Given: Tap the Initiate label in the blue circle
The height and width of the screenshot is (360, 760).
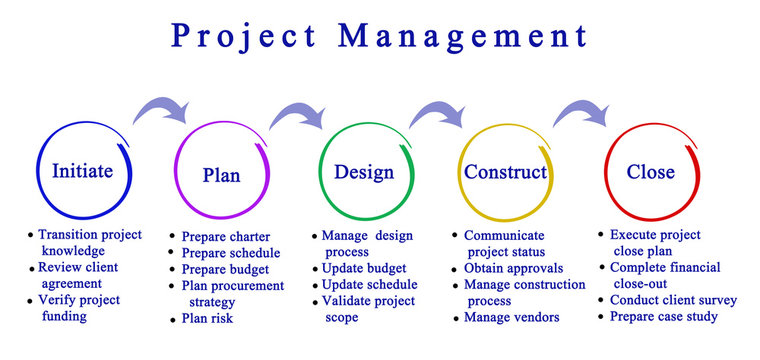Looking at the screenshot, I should click(81, 170).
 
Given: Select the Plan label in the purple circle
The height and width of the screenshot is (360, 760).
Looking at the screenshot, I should click(221, 175).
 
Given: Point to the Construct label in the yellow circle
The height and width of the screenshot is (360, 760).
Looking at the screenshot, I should click(505, 172).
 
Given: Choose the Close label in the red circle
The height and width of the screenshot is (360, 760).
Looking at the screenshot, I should click(650, 172).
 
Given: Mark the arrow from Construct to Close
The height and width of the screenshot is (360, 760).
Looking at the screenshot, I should click(584, 110).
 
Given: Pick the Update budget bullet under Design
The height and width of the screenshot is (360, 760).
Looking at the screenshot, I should click(364, 268).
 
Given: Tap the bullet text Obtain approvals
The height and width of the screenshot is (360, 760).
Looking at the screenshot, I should click(513, 268).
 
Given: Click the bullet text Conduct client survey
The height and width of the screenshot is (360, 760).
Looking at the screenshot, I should click(673, 300).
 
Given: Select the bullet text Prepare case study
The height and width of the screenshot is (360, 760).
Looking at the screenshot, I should click(664, 317).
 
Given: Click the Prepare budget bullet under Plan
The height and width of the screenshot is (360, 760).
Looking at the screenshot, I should click(225, 269).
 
